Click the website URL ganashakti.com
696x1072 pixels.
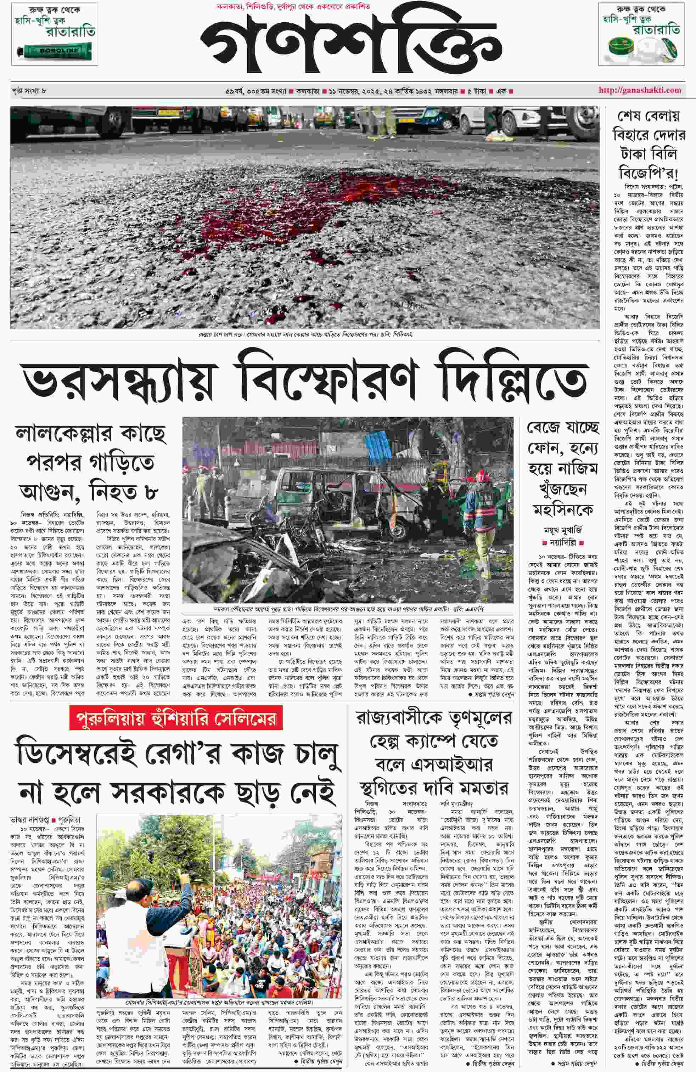[640, 90]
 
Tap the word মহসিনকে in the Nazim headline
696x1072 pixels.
[563, 509]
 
